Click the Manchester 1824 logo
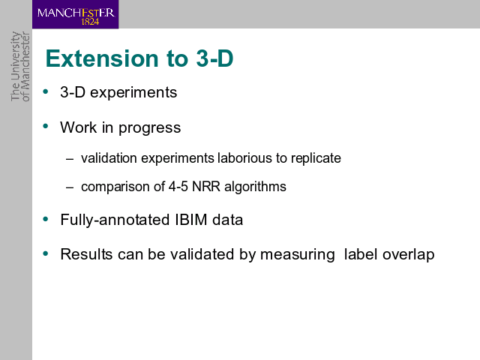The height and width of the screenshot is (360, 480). pyautogui.click(x=75, y=14)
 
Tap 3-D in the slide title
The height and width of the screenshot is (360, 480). pyautogui.click(x=215, y=58)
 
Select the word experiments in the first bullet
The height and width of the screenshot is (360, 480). pyautogui.click(x=133, y=93)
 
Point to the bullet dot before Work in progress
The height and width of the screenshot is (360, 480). pyautogui.click(x=46, y=126)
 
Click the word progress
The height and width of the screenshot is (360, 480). pyautogui.click(x=150, y=128)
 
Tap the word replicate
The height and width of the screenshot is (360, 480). pyautogui.click(x=316, y=158)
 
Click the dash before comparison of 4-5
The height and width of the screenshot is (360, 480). pyautogui.click(x=70, y=187)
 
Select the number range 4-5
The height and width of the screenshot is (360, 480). pyautogui.click(x=178, y=187)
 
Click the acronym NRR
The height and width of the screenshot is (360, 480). pyautogui.click(x=206, y=187)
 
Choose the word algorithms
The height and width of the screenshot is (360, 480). pyautogui.click(x=255, y=187)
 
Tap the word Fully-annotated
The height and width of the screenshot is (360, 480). pyautogui.click(x=115, y=220)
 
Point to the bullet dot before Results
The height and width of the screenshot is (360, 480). pyautogui.click(x=46, y=253)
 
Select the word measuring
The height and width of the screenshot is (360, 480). pyautogui.click(x=297, y=255)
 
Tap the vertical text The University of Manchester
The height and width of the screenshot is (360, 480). pyautogui.click(x=20, y=67)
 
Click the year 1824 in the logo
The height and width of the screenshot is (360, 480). pyautogui.click(x=90, y=22)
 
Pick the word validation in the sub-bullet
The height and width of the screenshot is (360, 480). pyautogui.click(x=109, y=158)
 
